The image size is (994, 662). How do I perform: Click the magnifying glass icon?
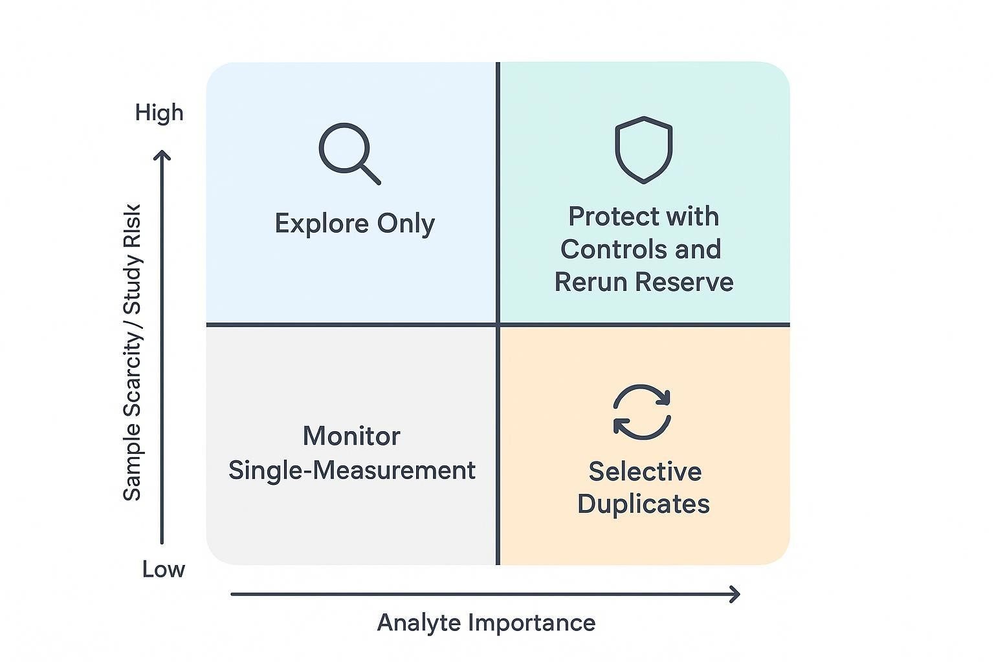coord(348,153)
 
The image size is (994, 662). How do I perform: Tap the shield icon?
coord(643,149)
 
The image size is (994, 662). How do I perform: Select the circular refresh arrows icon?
coord(642,412)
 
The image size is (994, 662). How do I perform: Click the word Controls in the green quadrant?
coord(606,250)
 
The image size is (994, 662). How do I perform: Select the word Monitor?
coord(351,436)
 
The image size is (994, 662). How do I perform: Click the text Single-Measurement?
coord(351,470)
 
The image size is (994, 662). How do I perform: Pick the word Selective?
coord(645,471)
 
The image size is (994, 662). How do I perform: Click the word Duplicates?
coord(643,504)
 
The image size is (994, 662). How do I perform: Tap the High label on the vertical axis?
coord(159,113)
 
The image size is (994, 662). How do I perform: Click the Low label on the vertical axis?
coord(164,570)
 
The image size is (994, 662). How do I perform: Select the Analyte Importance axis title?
coord(486,623)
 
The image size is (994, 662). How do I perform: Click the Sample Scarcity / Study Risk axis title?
coord(132,352)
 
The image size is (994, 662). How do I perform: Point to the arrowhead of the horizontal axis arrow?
coord(734,594)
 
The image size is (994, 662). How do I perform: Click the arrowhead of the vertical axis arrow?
coord(162,156)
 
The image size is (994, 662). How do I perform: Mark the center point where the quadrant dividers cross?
coord(498,324)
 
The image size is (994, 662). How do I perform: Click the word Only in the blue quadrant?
coord(406,224)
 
